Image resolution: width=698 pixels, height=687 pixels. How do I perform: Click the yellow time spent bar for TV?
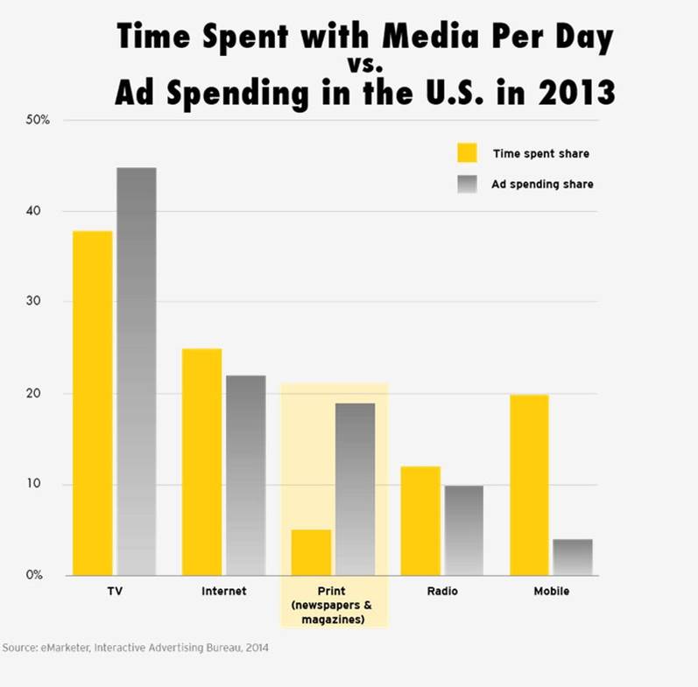(93, 403)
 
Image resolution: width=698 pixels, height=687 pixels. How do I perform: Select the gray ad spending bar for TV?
(137, 371)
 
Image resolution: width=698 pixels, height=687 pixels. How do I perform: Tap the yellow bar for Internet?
(201, 461)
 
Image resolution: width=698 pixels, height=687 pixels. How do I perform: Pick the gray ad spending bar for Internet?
(245, 474)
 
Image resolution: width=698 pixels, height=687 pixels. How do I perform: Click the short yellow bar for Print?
(310, 552)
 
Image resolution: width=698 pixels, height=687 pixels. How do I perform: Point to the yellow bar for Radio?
(420, 521)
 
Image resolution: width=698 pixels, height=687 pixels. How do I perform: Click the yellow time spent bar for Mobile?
(529, 484)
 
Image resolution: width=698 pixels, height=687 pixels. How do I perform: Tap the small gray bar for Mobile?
(572, 557)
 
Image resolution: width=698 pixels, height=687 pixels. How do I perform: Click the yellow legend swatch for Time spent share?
(467, 153)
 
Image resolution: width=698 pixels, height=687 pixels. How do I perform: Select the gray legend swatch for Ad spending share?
(467, 184)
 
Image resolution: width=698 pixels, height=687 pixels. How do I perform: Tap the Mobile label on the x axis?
(551, 592)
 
